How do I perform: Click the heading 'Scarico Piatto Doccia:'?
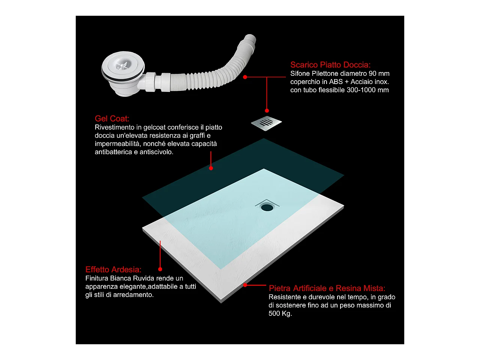330,65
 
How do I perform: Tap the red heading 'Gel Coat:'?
112,118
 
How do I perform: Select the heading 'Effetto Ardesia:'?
113,270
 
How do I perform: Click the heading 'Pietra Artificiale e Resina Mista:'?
327,288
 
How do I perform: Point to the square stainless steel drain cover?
266,123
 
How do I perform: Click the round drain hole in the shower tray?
267,207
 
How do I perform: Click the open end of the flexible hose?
250,39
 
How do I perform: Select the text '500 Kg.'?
280,313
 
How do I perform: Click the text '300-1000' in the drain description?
360,90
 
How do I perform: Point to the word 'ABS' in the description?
336,81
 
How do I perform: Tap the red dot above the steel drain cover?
267,111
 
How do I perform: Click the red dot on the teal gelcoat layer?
211,168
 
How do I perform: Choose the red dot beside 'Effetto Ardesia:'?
160,269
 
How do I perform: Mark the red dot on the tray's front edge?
245,285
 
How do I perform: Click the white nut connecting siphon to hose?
150,81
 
